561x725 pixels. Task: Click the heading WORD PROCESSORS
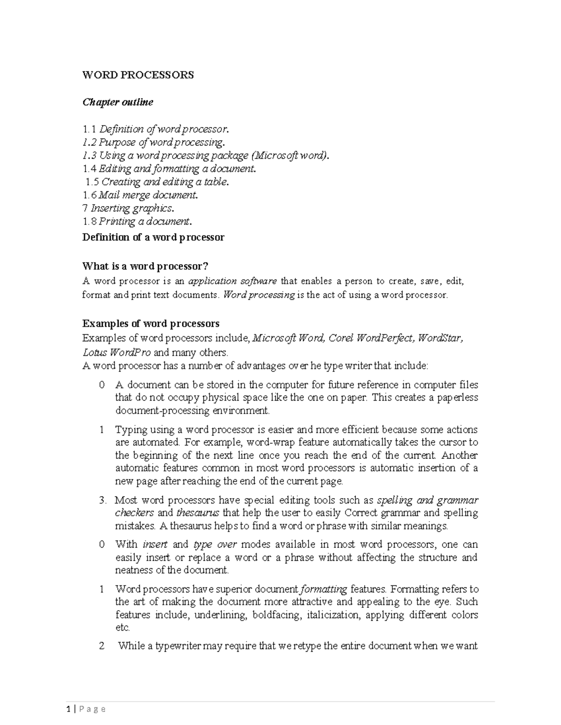tap(138, 75)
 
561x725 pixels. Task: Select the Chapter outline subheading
tap(117, 102)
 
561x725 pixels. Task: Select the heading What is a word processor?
tap(145, 266)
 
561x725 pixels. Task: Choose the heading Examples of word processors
tap(151, 324)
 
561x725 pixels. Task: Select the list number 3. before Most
tap(103, 500)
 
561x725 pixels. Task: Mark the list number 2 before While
tap(102, 647)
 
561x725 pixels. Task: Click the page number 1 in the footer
tap(68, 709)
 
